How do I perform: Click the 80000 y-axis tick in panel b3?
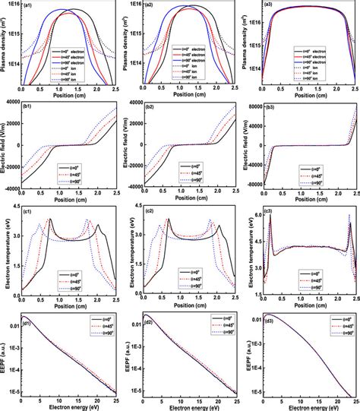[x=251, y=108]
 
